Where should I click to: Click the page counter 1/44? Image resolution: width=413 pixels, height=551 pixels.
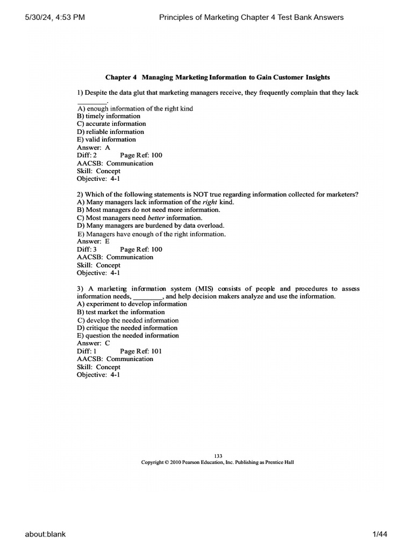click(380, 534)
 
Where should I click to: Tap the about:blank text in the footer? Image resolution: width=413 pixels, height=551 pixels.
click(45, 534)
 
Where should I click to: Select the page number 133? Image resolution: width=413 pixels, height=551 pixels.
click(218, 456)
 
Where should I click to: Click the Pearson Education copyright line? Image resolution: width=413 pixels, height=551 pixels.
click(217, 462)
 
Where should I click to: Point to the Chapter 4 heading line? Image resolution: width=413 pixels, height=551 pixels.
click(218, 77)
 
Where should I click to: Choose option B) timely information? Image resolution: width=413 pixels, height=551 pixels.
click(109, 116)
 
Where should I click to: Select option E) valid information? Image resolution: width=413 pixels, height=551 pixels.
click(106, 139)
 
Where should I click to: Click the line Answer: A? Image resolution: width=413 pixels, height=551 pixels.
click(94, 147)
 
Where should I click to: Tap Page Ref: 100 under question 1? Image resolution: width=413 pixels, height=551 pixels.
click(141, 156)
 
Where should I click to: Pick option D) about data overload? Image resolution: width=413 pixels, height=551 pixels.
click(151, 226)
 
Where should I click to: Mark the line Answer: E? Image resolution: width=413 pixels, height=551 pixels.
click(94, 242)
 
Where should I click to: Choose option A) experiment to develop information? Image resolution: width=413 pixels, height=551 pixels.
click(132, 304)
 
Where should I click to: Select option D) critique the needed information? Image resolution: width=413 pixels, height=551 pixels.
click(127, 328)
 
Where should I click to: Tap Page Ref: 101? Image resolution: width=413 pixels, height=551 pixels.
click(141, 351)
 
